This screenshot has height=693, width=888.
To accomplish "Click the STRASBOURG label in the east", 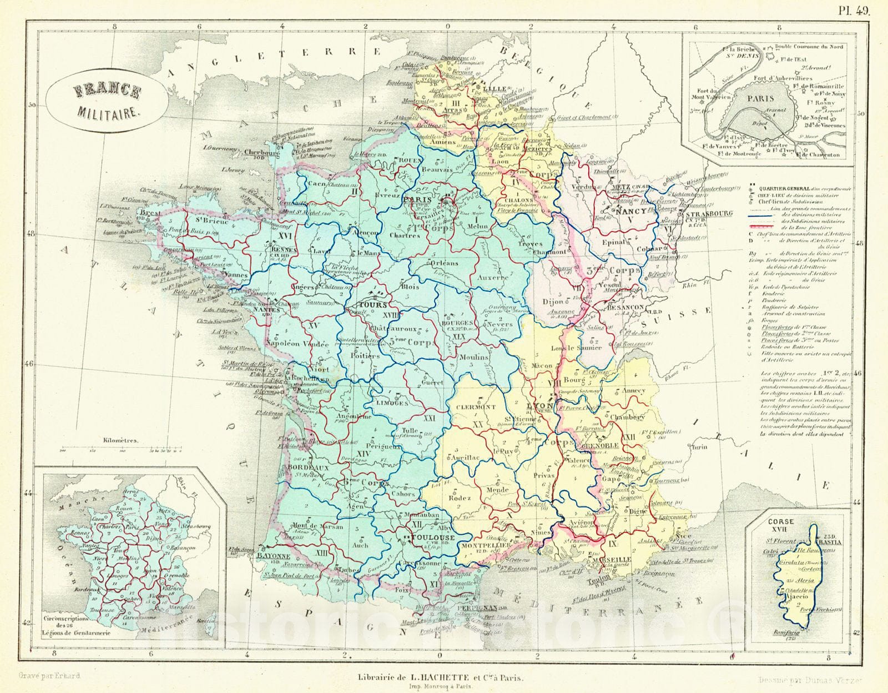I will click(709, 213).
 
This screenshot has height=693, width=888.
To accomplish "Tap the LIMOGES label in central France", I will click(392, 403).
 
